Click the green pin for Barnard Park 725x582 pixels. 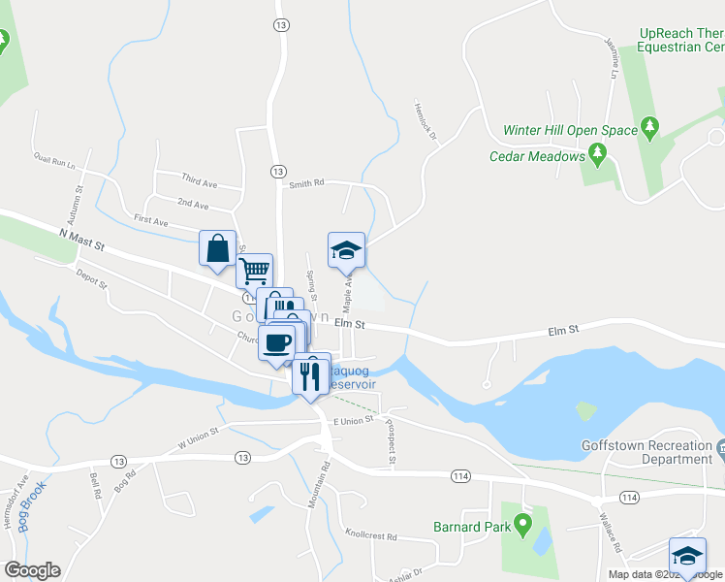click(x=524, y=527)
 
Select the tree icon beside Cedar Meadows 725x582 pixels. click(x=598, y=154)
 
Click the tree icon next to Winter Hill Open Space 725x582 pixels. click(x=649, y=128)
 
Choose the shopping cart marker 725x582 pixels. click(x=254, y=270)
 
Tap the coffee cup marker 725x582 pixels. click(x=276, y=341)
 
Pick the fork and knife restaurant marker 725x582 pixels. click(x=311, y=375)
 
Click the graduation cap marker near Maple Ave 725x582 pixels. click(x=346, y=249)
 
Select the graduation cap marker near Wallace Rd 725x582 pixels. click(x=687, y=556)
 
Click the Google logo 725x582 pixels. click(x=32, y=570)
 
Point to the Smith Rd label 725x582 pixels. click(x=305, y=182)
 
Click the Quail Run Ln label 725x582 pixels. click(x=54, y=160)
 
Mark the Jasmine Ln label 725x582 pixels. click(x=614, y=58)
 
